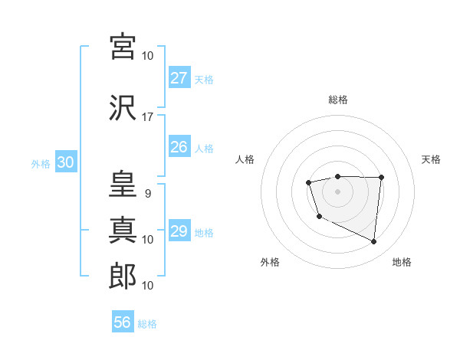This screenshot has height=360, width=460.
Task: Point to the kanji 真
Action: coord(123,230)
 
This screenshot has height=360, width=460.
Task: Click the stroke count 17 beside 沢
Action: coord(148,117)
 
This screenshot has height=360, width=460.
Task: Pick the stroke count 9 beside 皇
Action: coord(147,194)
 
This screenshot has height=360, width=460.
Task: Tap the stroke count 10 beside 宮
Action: coord(148,56)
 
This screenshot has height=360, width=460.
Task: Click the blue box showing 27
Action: coord(179,78)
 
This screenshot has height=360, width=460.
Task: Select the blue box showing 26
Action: coord(179,147)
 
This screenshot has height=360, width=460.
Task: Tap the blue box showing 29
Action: coord(179,231)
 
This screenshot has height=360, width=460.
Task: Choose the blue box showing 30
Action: coord(65,162)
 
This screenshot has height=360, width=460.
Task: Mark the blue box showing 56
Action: coord(123,322)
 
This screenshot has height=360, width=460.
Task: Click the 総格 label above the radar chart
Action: coord(337,100)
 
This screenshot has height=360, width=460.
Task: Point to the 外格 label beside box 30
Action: coord(41,163)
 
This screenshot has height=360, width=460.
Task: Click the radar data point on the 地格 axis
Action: coord(374,242)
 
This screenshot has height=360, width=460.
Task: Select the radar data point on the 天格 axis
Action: coord(382,178)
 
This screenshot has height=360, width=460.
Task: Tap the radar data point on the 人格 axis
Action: coord(308,182)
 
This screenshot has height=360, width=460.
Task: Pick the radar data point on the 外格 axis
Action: coord(319,217)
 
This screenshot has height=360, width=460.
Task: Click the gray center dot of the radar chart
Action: coord(337,190)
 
